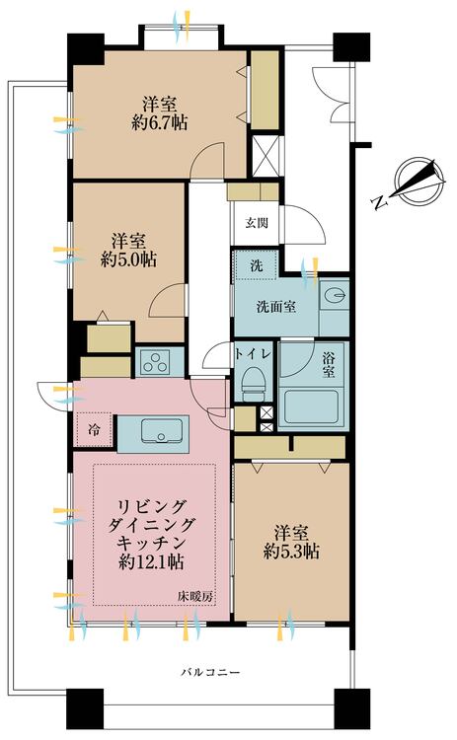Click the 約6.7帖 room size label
point(159,122)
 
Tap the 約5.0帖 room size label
point(128,259)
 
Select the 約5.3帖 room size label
point(291,551)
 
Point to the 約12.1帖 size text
point(151,561)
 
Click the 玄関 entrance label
point(257,223)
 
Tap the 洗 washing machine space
point(256,265)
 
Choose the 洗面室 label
point(276,307)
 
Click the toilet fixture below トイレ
point(254,381)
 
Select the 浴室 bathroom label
point(329,364)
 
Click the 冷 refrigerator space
point(95,430)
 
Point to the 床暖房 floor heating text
point(195,596)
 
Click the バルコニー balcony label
point(210,672)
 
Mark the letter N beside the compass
point(378,203)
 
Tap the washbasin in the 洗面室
point(335,296)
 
